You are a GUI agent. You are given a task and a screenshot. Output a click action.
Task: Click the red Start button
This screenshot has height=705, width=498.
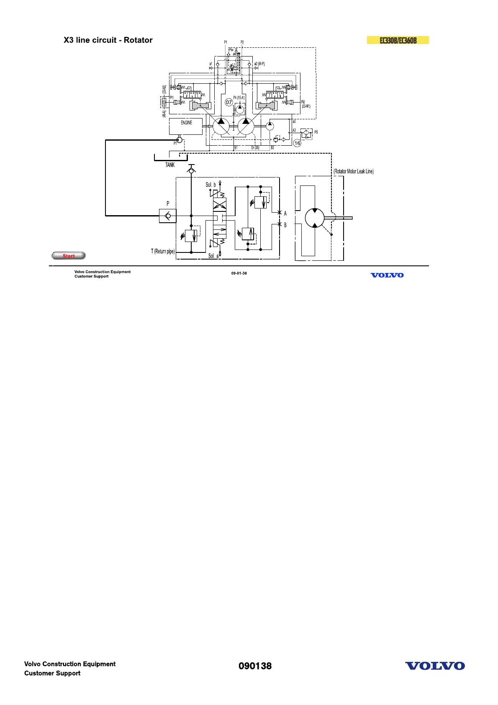69,256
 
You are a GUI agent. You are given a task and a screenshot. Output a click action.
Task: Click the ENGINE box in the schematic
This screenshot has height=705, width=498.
186,126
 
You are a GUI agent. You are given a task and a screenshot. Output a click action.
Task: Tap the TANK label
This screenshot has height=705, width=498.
170,165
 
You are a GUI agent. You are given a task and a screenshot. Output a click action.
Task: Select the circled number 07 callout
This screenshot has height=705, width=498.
229,102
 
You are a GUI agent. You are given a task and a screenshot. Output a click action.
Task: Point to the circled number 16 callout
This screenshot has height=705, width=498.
297,143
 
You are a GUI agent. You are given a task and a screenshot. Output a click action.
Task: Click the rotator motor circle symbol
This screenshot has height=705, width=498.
315,218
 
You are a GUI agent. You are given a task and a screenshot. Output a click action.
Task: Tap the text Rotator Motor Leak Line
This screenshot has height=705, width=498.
354,171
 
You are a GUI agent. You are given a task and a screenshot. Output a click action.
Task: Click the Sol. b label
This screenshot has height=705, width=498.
210,185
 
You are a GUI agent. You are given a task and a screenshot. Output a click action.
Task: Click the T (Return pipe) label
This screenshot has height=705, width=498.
163,251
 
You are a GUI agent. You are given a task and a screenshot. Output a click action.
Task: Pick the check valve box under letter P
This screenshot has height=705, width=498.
168,216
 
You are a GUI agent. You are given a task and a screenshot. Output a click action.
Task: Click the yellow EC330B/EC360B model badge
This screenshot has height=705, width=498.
398,40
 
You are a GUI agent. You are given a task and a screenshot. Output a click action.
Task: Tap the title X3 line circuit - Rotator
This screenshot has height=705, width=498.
108,40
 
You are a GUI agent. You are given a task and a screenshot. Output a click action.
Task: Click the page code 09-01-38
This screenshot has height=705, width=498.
239,273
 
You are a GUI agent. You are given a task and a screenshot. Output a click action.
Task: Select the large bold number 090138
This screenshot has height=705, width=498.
255,666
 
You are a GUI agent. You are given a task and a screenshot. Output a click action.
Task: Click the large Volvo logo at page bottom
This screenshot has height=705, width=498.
435,666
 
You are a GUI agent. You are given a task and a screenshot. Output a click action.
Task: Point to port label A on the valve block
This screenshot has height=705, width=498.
285,214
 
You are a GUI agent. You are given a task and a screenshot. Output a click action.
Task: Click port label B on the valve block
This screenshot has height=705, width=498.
285,225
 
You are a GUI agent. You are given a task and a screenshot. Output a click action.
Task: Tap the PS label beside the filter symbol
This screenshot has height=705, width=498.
316,132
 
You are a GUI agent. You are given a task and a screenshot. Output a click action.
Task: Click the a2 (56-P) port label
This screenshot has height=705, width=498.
259,64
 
